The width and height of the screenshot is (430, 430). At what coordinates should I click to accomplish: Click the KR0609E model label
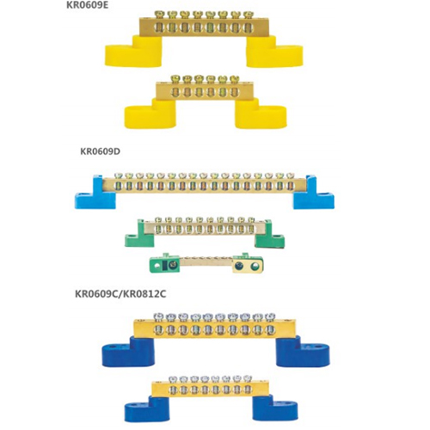click(88, 5)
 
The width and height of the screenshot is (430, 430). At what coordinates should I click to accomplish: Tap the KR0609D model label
click(100, 151)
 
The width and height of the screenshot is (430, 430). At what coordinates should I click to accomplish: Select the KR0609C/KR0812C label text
click(120, 294)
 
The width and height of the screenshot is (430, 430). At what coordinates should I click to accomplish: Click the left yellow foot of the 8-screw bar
click(133, 52)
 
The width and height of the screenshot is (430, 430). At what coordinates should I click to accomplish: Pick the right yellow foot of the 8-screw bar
click(274, 52)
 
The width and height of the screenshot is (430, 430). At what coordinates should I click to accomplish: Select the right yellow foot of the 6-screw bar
click(261, 114)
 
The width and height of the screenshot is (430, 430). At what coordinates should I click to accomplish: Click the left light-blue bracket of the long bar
click(95, 193)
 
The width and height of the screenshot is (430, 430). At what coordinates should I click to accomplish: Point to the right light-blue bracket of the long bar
click(313, 193)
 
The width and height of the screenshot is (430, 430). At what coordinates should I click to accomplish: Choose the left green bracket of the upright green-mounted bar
click(139, 235)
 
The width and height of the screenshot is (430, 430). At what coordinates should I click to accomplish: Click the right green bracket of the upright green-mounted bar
click(269, 235)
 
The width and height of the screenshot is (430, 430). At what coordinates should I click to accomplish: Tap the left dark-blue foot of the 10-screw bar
click(128, 352)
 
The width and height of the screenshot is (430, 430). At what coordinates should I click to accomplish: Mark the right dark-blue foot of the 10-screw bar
click(303, 352)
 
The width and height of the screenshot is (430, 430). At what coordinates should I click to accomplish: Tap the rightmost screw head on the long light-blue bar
click(290, 175)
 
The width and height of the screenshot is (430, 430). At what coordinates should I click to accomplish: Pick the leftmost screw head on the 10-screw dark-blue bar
click(158, 316)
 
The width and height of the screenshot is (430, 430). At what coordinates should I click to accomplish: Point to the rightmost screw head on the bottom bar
click(248, 378)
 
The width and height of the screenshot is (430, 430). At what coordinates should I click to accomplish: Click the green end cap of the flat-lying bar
click(164, 264)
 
